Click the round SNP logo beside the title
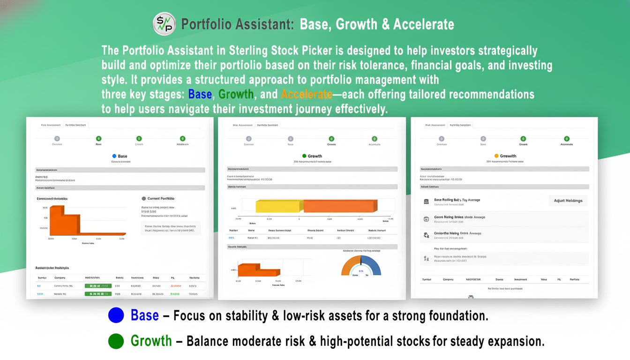click(164, 24)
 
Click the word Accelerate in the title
click(423, 24)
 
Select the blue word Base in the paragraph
click(200, 94)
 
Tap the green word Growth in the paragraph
click(236, 94)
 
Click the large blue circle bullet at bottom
click(116, 315)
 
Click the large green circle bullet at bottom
click(116, 341)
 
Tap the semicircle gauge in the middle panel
click(361, 266)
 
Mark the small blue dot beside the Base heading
click(114, 156)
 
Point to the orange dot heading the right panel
click(496, 156)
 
